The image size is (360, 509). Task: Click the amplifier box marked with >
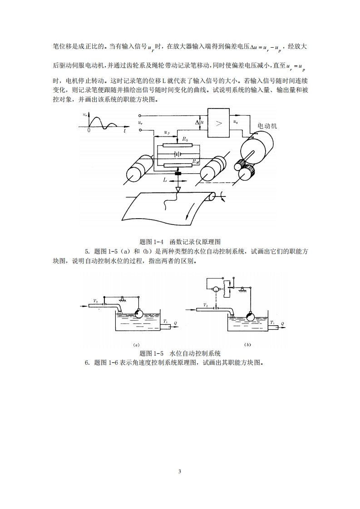219,122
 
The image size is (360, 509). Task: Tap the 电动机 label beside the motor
267,126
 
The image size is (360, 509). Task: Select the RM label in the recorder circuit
194,161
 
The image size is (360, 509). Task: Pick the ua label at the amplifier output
235,122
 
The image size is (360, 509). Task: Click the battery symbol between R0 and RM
178,154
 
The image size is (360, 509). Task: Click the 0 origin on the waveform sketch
89,130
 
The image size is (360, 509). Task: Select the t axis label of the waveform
124,130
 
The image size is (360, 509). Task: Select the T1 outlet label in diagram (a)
165,321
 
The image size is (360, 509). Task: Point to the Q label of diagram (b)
282,323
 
